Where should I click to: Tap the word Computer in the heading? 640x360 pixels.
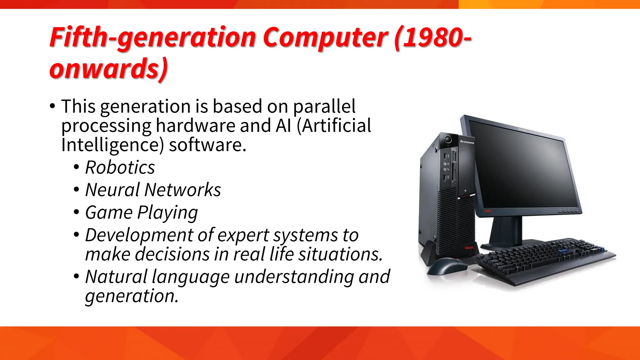pyautogui.click(x=325, y=38)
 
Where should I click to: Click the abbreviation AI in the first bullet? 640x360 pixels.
pyautogui.click(x=284, y=126)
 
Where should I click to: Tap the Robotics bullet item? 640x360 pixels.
pyautogui.click(x=120, y=167)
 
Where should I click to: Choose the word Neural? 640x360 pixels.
pyautogui.click(x=112, y=190)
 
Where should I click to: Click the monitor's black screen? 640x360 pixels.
pyautogui.click(x=525, y=169)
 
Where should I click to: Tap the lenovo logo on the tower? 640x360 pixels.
pyautogui.click(x=467, y=142)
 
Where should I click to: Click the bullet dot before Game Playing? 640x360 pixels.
pyautogui.click(x=77, y=212)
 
